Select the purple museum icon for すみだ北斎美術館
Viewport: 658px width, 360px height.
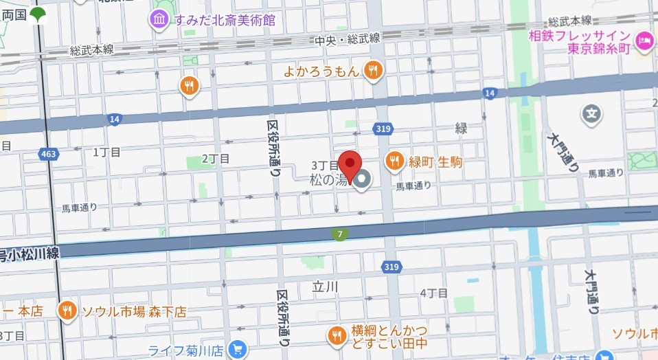point(160,19)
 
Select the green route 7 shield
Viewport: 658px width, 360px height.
point(341,235)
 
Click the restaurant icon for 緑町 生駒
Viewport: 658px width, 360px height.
point(394,161)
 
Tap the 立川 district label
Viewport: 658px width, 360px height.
point(326,285)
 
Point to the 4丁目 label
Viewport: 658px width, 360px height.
point(433,293)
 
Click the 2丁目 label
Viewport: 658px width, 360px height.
point(215,159)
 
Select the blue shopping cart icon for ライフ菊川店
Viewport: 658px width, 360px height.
point(237,348)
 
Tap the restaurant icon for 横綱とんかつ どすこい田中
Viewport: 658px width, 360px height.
point(337,335)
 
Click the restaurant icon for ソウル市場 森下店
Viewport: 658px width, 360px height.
point(67,311)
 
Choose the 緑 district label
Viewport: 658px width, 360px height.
point(462,128)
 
